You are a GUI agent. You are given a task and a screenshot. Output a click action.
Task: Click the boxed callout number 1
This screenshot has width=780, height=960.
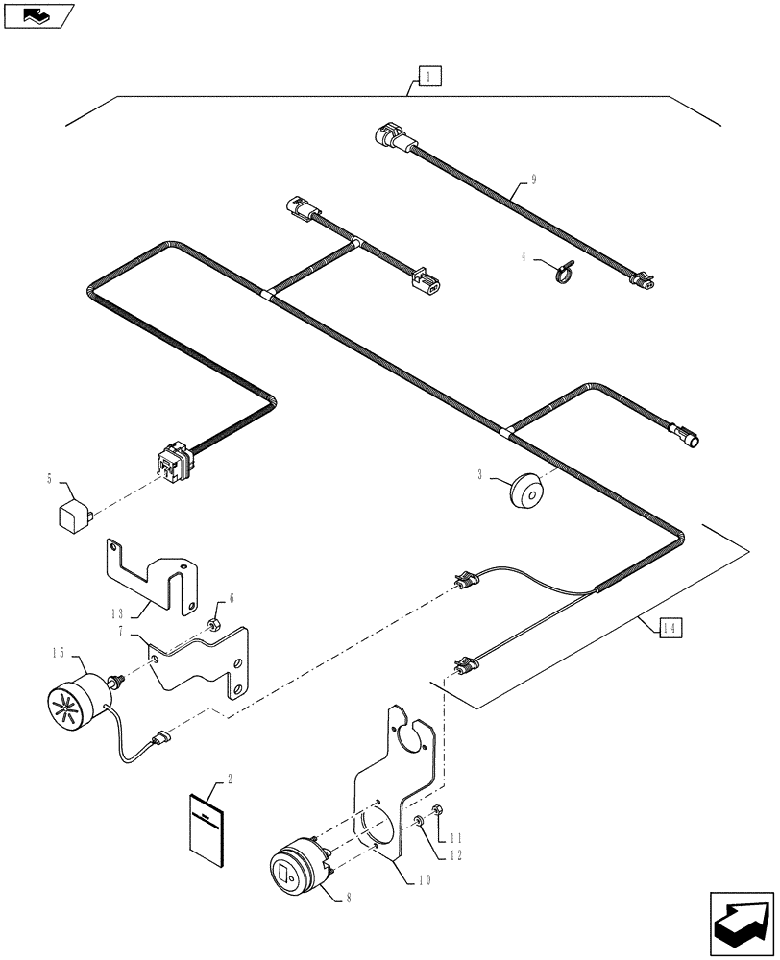(429, 77)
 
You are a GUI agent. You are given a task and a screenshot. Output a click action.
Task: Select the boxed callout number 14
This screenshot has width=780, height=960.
(670, 628)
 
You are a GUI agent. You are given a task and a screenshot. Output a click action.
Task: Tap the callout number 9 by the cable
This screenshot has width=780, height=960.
(533, 180)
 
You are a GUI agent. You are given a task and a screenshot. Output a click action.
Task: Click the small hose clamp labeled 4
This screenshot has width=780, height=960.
(560, 273)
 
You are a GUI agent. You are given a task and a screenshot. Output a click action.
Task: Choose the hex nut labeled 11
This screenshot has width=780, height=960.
(437, 812)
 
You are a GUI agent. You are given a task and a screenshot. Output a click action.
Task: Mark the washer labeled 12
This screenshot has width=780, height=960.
(422, 825)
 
